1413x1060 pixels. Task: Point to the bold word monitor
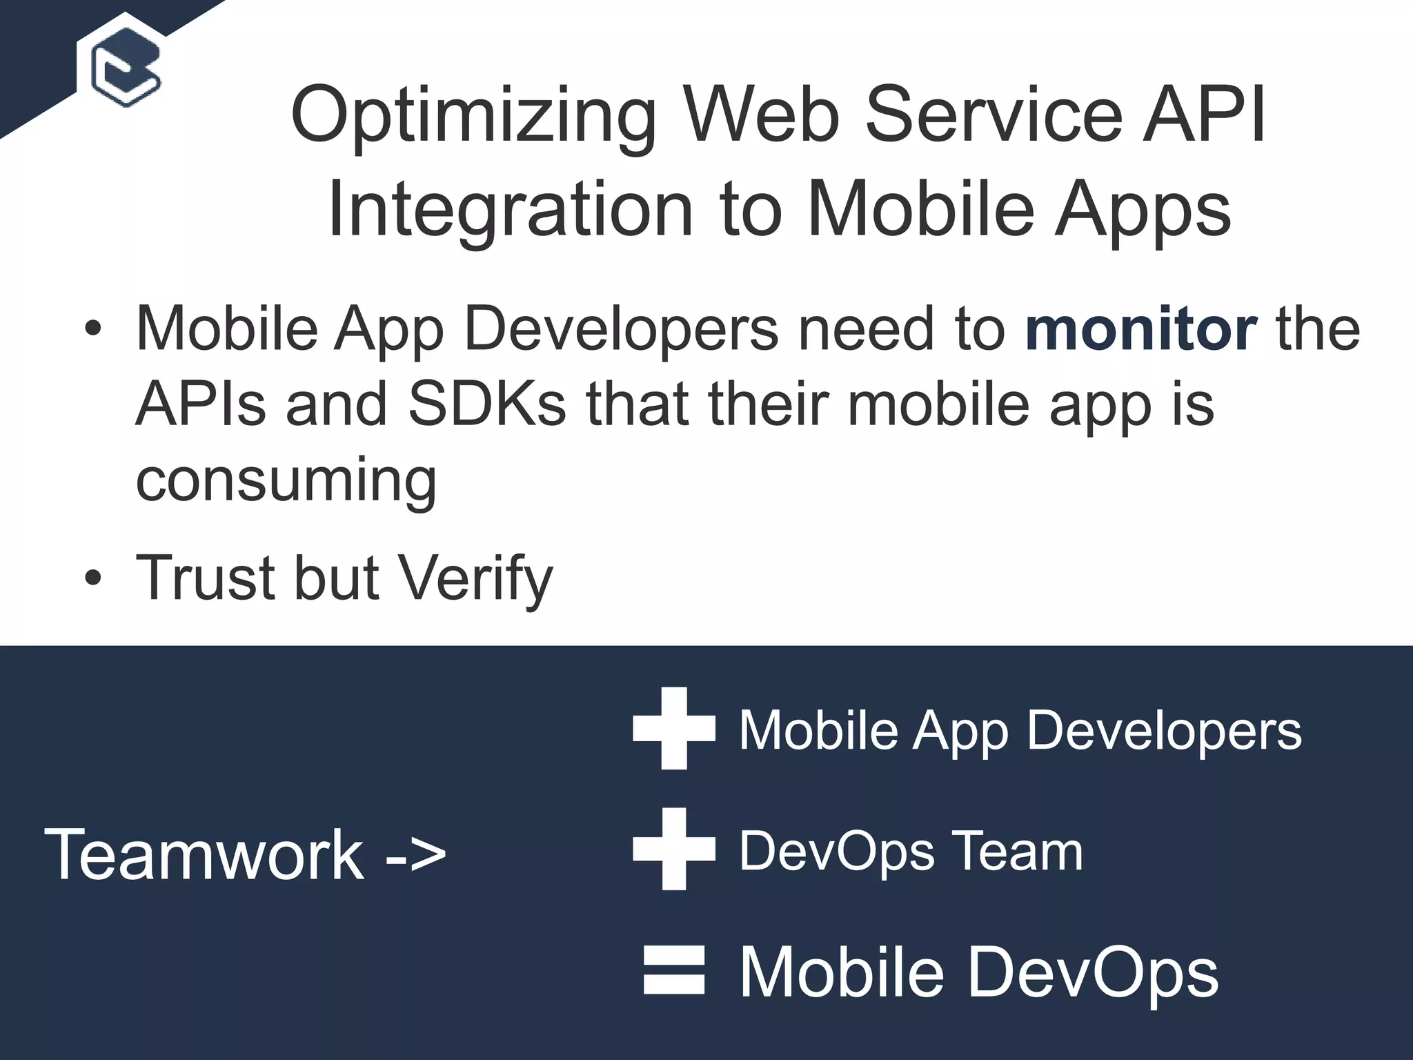click(x=1140, y=329)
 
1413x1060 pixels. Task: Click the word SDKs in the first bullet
click(x=487, y=404)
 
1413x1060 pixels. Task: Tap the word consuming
click(x=286, y=481)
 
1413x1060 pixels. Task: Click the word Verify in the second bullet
click(x=477, y=578)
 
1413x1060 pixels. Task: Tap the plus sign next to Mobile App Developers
click(x=674, y=728)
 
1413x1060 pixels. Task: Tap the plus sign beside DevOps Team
click(x=674, y=849)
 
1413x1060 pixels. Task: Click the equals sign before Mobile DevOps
click(x=674, y=970)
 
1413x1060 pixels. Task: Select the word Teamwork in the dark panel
click(x=204, y=855)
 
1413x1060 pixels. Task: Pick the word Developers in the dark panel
click(x=1164, y=731)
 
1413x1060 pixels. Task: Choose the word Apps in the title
click(x=1143, y=210)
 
